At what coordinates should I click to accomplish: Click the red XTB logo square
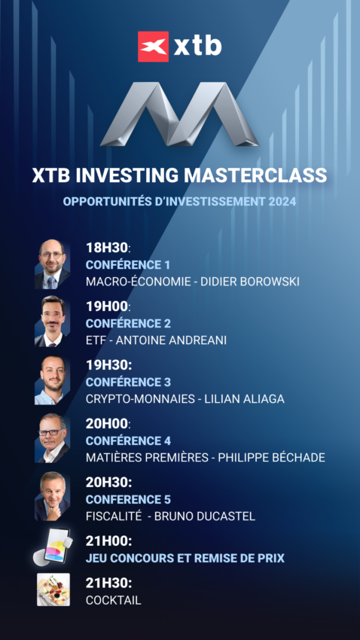point(153,46)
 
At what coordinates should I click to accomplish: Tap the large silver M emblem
point(179,113)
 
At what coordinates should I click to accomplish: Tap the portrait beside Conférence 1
point(52,264)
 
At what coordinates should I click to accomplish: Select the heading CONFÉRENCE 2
point(128,323)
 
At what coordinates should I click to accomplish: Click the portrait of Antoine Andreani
point(52,322)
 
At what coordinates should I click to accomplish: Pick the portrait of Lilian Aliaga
point(52,381)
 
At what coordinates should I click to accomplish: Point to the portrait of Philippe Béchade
point(52,438)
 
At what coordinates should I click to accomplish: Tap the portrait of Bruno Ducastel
point(52,497)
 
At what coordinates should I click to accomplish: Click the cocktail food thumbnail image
point(53,590)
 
